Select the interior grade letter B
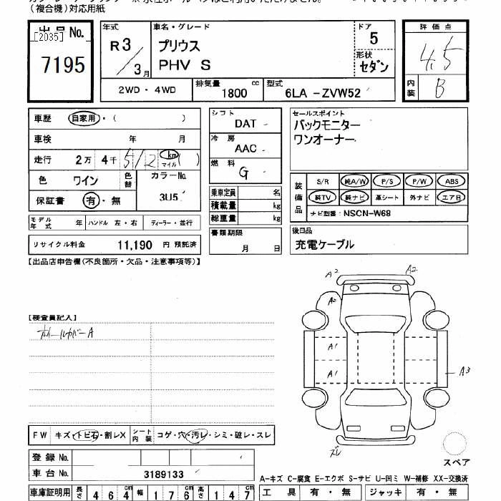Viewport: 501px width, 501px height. click(x=439, y=88)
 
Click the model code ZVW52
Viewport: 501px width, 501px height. click(x=339, y=93)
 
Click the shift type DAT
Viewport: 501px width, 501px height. click(x=245, y=124)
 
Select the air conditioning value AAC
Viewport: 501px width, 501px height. click(x=245, y=148)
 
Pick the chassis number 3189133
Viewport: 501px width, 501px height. click(x=164, y=473)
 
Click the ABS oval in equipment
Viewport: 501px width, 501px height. click(x=452, y=182)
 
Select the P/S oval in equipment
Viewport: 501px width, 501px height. click(x=387, y=182)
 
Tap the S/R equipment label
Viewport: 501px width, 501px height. click(x=322, y=182)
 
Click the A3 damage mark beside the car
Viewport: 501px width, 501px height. click(x=464, y=370)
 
